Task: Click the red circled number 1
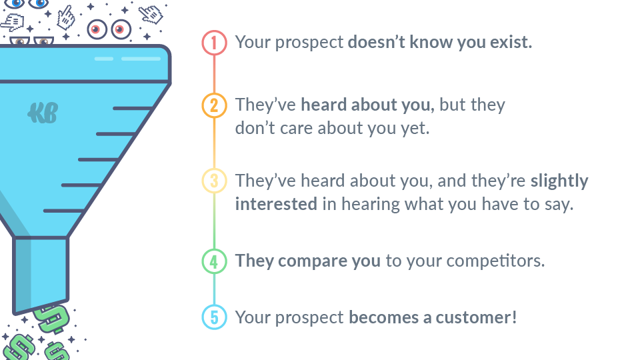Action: tap(214, 43)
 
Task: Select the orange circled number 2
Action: tap(214, 106)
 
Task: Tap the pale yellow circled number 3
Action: tap(214, 181)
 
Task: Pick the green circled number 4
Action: tap(214, 261)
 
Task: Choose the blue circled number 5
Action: tap(214, 317)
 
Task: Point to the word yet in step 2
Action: tap(415, 127)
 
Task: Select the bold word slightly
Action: tap(559, 181)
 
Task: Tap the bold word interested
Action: tap(276, 203)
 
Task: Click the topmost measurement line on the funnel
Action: tap(133, 108)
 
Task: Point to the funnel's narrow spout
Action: tap(41, 273)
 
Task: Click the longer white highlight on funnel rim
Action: tap(141, 59)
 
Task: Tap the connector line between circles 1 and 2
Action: tap(214, 74)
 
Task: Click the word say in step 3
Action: tap(556, 203)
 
